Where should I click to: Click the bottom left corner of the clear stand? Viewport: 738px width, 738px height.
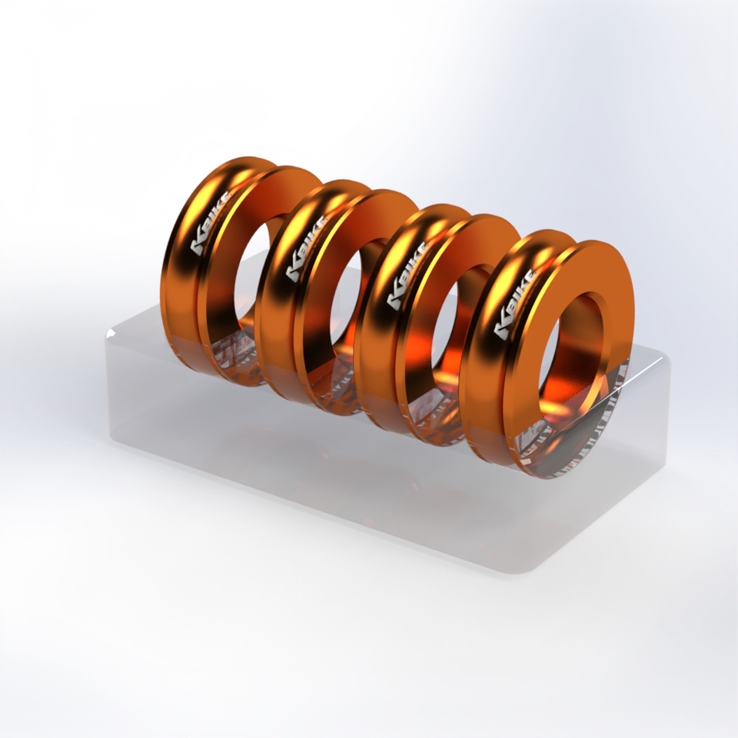tap(115, 438)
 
